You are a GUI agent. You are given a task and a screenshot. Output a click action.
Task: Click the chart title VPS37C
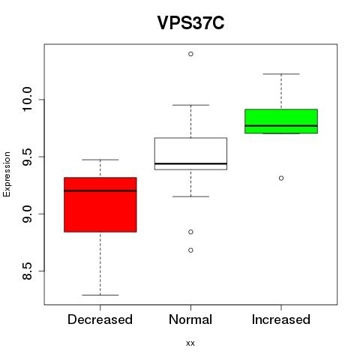coord(190,22)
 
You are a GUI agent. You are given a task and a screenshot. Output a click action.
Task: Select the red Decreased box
coord(100,205)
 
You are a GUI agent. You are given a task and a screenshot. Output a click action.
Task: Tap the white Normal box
coord(190,154)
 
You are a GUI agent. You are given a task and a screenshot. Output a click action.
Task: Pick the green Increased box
coord(281,121)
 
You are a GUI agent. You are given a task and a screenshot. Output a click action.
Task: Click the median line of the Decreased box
coord(100,190)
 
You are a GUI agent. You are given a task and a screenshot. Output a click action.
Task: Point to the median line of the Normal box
coord(190,163)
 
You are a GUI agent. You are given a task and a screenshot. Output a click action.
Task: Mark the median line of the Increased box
coord(281,126)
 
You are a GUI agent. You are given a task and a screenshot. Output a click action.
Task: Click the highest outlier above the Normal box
coord(190,54)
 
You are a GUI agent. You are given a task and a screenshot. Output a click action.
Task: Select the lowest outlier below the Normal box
coord(190,250)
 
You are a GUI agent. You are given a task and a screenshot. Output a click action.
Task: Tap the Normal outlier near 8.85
coord(190,232)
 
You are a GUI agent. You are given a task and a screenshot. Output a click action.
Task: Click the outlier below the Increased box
coord(281,178)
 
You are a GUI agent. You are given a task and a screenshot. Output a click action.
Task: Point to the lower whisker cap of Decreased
coord(100,295)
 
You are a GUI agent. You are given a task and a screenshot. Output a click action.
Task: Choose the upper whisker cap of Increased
coord(281,74)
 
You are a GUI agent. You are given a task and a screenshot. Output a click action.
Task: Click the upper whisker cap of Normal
coord(190,105)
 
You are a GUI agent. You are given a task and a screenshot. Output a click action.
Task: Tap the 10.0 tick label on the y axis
coord(27,100)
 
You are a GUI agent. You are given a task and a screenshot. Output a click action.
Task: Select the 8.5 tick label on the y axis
coord(27,271)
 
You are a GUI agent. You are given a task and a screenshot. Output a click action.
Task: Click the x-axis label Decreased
coord(100,319)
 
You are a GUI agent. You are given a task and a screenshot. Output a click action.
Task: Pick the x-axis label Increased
coord(281,319)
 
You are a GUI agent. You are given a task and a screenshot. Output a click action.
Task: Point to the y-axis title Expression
coord(7,174)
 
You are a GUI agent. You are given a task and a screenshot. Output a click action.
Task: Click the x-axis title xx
coord(190,343)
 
